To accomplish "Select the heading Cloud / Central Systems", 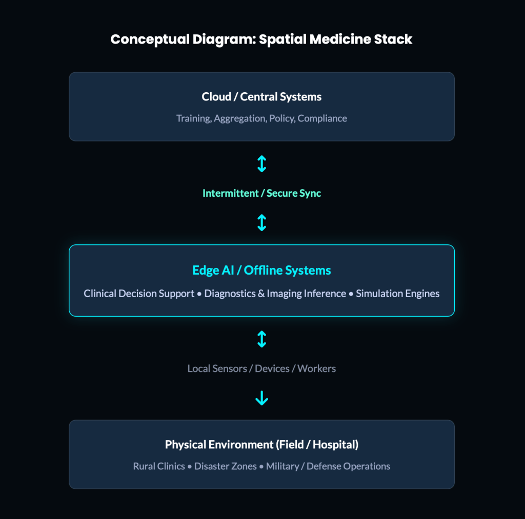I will point(261,97).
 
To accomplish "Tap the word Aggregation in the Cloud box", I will point(239,118).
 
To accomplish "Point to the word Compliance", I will point(322,118).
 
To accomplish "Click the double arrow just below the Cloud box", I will point(261,164).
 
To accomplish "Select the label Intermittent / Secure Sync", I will point(261,193).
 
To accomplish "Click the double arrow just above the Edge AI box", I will point(261,223).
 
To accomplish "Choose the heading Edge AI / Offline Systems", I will point(261,270).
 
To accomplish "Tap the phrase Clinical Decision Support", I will point(139,294).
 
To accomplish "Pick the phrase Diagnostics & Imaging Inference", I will point(275,294).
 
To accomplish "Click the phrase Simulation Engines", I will point(397,294).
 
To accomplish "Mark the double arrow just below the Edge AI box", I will point(261,339).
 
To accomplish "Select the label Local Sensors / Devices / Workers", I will point(261,368).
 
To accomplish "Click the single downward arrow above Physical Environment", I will point(261,398).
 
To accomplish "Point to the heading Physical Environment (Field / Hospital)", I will point(261,445).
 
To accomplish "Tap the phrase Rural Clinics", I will point(159,466).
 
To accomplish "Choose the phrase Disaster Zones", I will point(226,466).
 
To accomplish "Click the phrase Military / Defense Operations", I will point(328,466).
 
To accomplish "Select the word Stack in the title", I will point(394,40).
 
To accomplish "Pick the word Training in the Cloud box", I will point(193,118).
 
